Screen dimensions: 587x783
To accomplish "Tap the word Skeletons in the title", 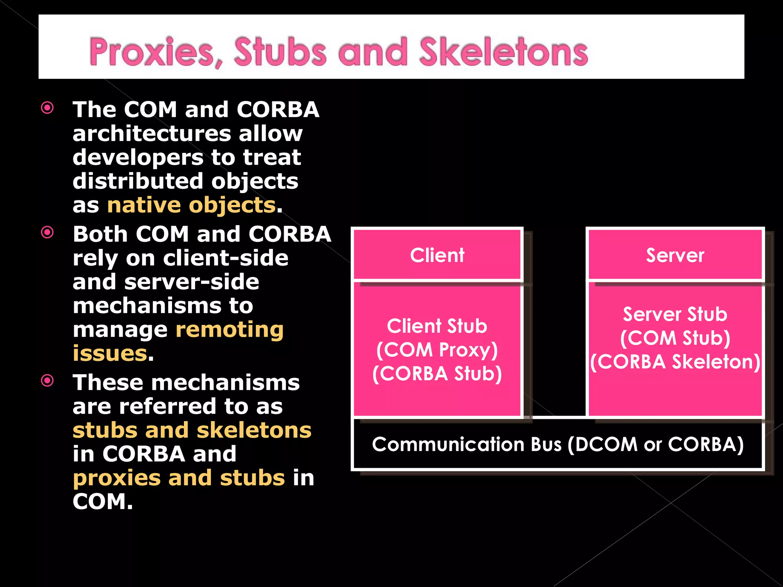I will [x=504, y=52].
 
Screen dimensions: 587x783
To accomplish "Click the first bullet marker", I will [x=47, y=108].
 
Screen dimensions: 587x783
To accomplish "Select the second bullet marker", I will [x=47, y=232].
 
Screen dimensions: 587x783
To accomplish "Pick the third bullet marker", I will [x=47, y=381].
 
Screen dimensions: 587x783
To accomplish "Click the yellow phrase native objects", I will [x=191, y=205].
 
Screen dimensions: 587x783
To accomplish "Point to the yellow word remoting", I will [x=229, y=329].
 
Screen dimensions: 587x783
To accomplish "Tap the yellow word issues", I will [x=110, y=353].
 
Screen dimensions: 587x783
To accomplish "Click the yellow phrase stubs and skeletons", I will [x=192, y=430].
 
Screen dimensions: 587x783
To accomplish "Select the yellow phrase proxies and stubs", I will [x=179, y=478].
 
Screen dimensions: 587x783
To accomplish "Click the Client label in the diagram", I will [x=437, y=255].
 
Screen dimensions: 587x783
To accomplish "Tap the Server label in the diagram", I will [x=675, y=255].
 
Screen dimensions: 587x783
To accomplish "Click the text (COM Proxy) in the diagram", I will [x=437, y=350].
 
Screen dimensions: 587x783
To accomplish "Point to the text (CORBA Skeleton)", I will [x=675, y=362].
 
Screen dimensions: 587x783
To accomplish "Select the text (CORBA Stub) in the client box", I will [x=437, y=374].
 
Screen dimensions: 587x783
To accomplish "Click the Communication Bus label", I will [x=558, y=444].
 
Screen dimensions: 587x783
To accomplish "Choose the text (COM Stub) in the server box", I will [x=675, y=338].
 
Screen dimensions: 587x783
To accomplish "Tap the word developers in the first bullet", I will [x=138, y=157].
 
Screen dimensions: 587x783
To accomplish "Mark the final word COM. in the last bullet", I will [x=102, y=502].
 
